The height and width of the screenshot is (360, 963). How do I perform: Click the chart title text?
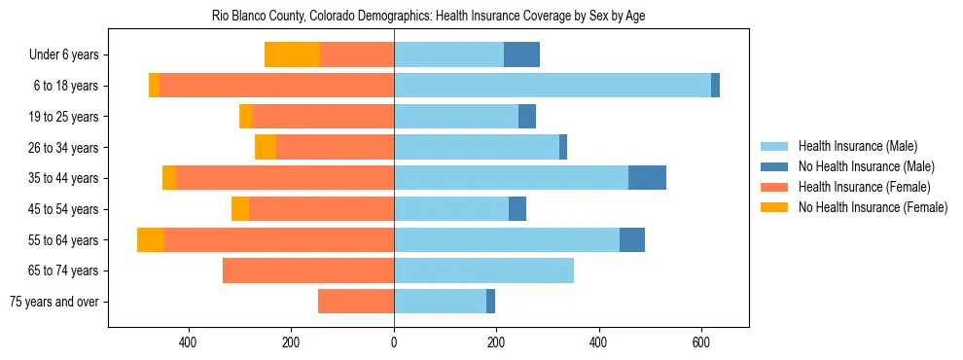click(428, 17)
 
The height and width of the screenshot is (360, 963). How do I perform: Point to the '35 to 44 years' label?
click(61, 178)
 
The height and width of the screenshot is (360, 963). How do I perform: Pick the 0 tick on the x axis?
click(394, 342)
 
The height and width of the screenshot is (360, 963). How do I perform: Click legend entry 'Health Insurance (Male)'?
click(853, 146)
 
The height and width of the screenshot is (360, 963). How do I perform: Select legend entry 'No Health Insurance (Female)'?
click(873, 207)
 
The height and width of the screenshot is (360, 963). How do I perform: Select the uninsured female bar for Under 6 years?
click(292, 55)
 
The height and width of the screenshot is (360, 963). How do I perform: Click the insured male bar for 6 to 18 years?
click(553, 86)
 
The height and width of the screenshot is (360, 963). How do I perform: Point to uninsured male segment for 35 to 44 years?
click(647, 178)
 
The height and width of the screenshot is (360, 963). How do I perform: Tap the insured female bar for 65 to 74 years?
click(308, 270)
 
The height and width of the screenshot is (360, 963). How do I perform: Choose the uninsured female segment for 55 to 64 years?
click(151, 239)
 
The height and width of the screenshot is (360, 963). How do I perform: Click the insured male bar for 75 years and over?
click(440, 302)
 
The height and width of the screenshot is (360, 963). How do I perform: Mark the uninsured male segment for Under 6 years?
click(521, 55)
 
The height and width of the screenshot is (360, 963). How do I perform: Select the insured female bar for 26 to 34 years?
click(335, 147)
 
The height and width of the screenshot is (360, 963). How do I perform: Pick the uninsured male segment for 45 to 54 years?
click(517, 209)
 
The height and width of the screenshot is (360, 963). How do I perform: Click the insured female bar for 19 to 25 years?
click(323, 117)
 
